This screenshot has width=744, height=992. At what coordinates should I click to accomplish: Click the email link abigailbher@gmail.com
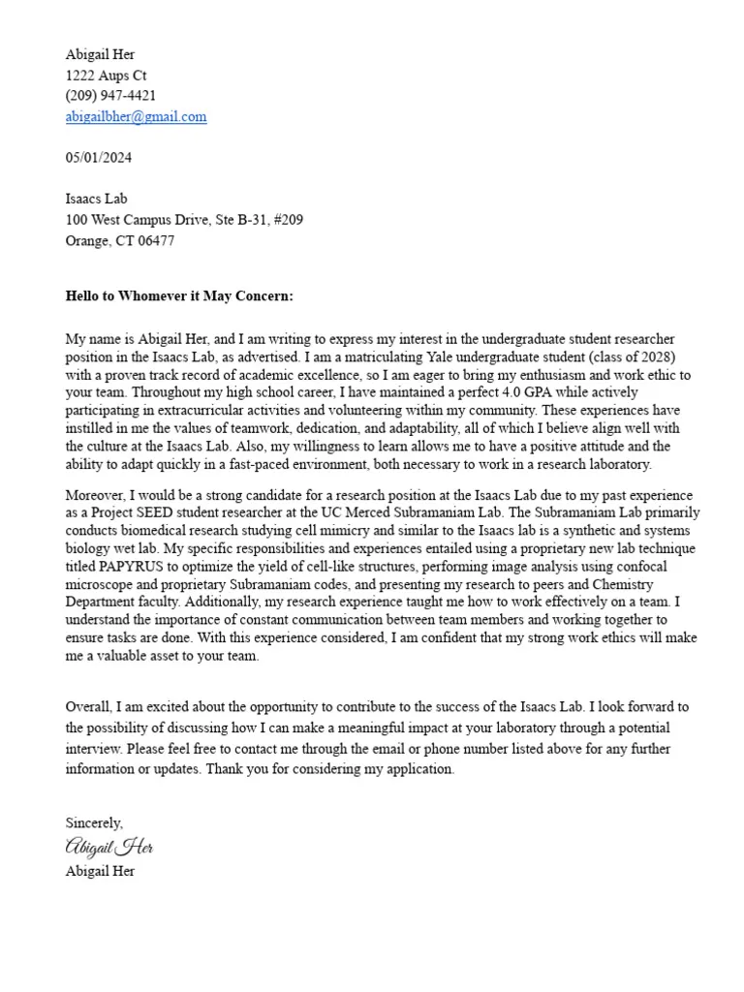tap(136, 116)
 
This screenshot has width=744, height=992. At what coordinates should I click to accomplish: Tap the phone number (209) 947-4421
tap(110, 96)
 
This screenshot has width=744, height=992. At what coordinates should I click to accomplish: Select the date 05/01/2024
tap(99, 157)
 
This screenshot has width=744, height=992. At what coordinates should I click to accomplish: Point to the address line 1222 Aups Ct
tap(107, 76)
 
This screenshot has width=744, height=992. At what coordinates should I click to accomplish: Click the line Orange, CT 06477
tap(120, 241)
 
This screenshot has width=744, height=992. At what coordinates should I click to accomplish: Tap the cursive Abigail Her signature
tap(109, 848)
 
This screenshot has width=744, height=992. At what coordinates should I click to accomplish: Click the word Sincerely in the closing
tap(94, 823)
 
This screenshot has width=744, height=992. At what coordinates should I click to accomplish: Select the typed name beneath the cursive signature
tap(101, 871)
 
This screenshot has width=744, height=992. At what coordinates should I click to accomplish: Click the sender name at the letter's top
tap(101, 54)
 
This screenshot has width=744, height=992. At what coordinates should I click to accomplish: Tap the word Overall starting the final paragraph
tap(91, 707)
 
